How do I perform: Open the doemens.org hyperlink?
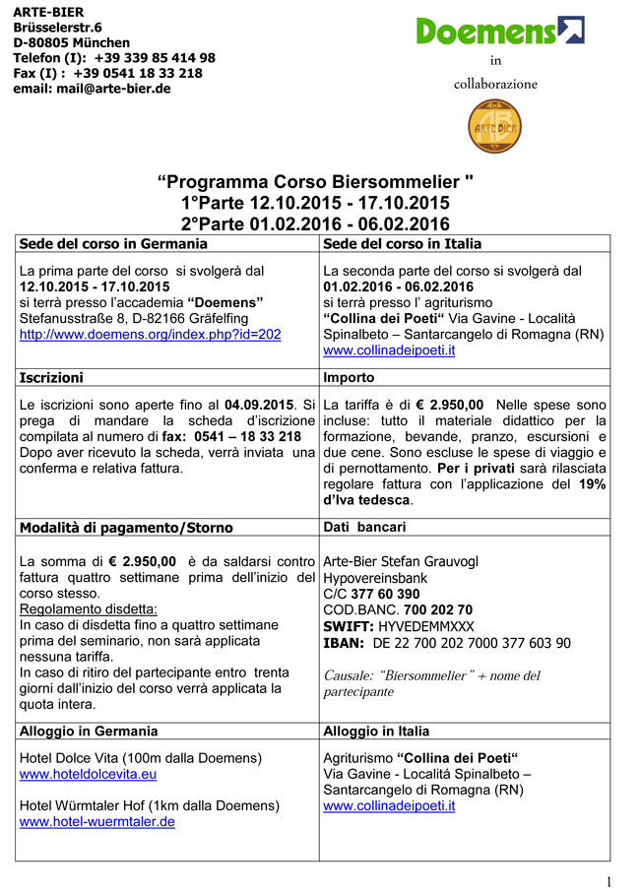[x=150, y=334]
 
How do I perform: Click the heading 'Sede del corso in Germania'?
[x=113, y=243]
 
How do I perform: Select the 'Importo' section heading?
[x=349, y=377]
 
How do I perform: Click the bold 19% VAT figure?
[x=592, y=483]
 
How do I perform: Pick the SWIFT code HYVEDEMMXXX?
[x=425, y=626]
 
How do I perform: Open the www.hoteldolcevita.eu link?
[x=90, y=774]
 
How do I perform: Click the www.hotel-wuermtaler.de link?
[x=96, y=821]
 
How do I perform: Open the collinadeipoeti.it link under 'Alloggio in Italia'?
[x=389, y=805]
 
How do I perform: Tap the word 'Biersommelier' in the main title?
[x=397, y=182]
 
